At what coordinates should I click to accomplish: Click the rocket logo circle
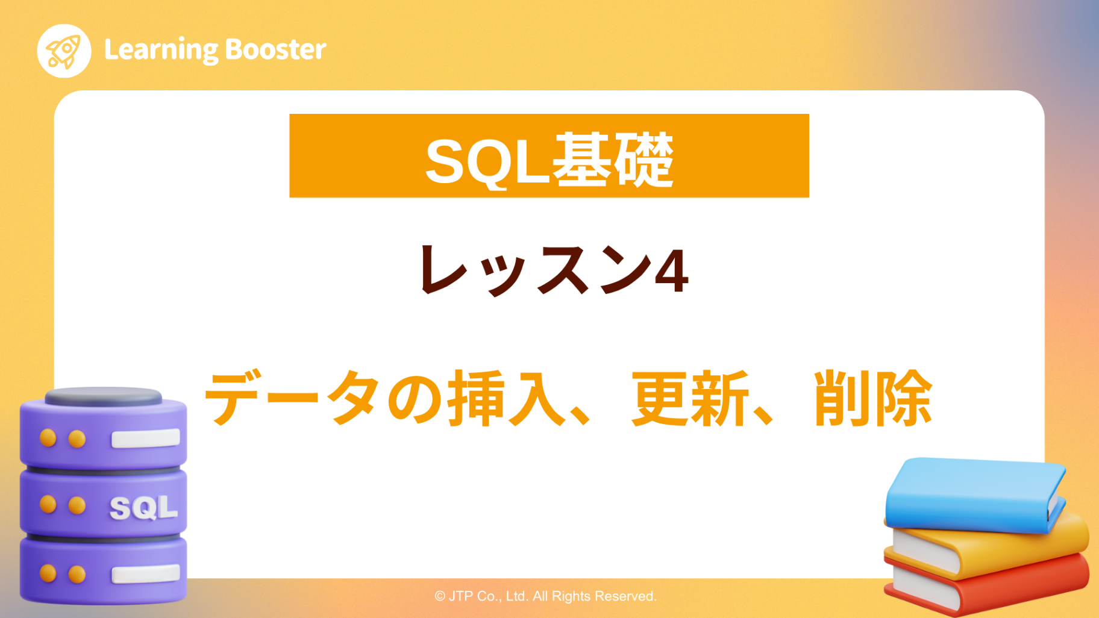pos(64,51)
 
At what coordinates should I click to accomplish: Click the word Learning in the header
pos(161,50)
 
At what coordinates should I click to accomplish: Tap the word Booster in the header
pos(276,49)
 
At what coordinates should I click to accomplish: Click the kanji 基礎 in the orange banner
pos(612,160)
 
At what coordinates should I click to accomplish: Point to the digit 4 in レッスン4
pos(671,272)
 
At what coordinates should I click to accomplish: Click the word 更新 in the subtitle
pos(689,398)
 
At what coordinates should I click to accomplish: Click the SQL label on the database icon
pos(143,508)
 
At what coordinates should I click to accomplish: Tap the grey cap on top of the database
pos(103,396)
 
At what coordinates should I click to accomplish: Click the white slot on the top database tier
pos(145,438)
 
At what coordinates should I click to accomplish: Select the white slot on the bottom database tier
pos(145,573)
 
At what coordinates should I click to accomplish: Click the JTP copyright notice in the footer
pos(545,596)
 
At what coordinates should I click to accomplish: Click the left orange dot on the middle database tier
pos(48,504)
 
